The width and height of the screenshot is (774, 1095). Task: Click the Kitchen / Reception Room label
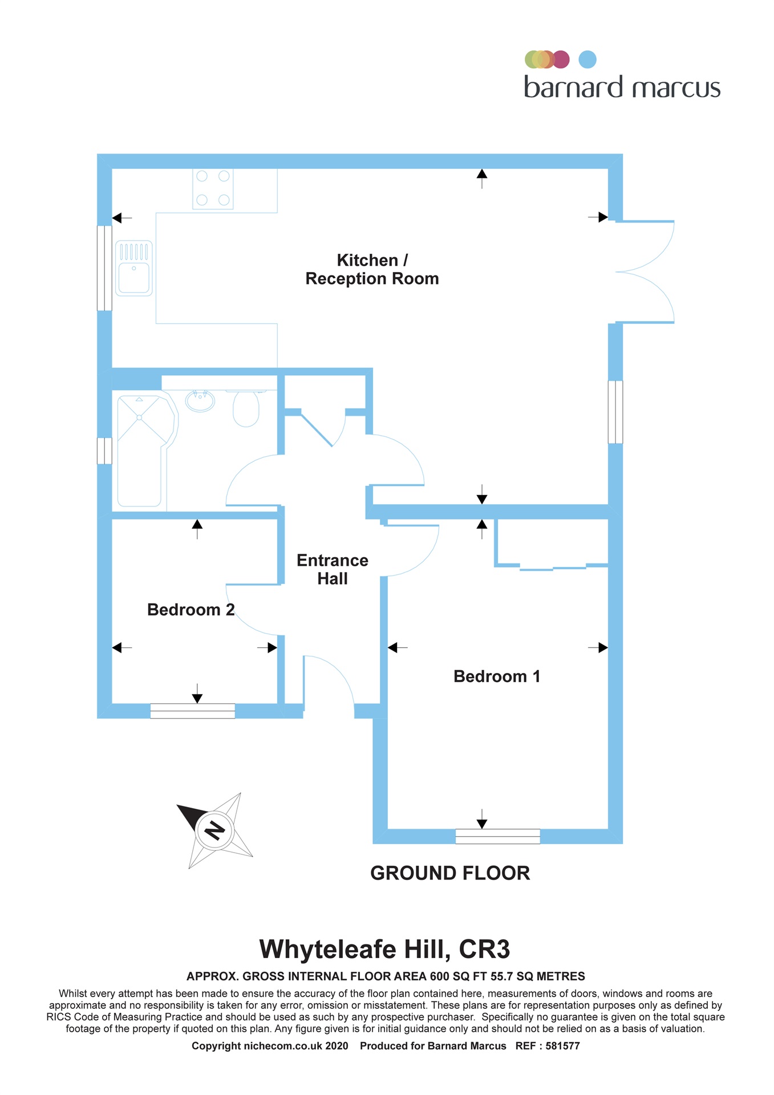(372, 269)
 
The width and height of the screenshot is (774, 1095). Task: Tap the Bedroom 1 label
(496, 676)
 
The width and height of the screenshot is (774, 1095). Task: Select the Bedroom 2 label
(191, 610)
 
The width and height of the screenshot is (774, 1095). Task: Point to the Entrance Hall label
(332, 569)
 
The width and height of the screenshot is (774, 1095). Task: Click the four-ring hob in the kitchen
(213, 188)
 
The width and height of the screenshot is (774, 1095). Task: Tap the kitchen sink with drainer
(134, 268)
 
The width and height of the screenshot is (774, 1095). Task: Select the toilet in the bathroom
(246, 408)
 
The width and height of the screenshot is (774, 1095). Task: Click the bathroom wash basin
(200, 400)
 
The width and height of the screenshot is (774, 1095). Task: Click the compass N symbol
(214, 830)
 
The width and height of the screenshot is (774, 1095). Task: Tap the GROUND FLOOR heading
(450, 873)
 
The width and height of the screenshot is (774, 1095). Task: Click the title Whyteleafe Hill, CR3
(384, 950)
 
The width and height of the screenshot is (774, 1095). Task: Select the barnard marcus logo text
(622, 88)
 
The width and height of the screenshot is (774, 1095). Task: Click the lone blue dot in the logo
(587, 59)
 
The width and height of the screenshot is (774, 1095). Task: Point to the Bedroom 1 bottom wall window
(497, 836)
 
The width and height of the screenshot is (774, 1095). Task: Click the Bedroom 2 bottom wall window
(192, 711)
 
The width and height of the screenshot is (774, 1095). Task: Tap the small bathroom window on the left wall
(104, 451)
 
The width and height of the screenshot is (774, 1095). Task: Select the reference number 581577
(562, 1046)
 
